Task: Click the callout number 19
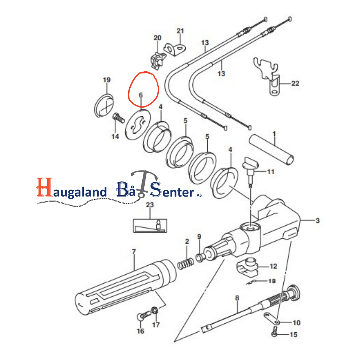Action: tap(107, 80)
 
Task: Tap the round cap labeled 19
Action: tap(104, 105)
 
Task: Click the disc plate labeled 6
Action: tap(138, 125)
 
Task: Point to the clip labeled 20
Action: tap(158, 60)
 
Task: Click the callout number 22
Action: tap(295, 83)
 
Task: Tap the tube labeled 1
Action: tap(271, 149)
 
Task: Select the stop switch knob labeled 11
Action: tap(251, 170)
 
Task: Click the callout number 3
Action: tap(318, 221)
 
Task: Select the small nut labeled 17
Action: tap(155, 311)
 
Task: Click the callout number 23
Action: tap(150, 204)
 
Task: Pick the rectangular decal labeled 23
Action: tap(150, 226)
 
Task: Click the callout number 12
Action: tap(273, 266)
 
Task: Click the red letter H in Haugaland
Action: tap(44, 187)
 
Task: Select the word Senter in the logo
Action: tap(172, 190)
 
